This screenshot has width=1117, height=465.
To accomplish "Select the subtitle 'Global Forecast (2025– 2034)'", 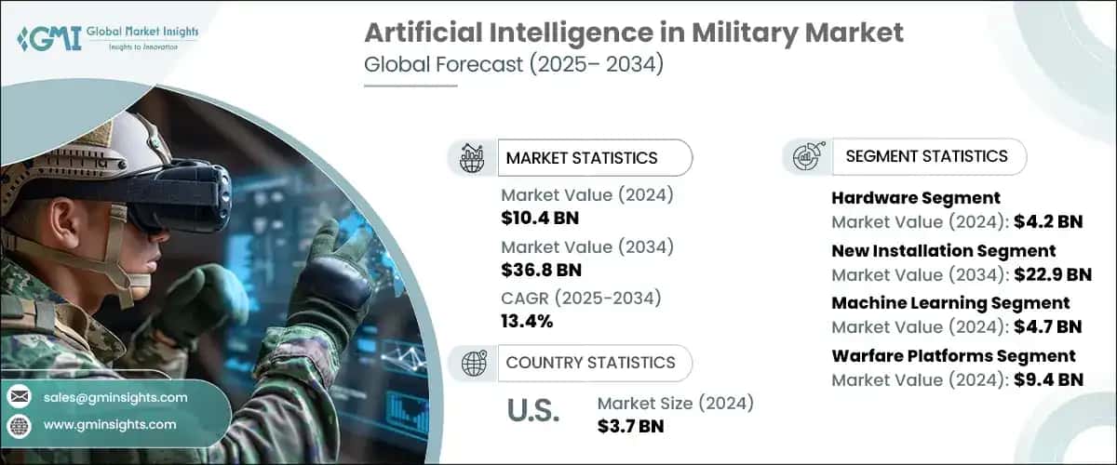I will pos(513,67).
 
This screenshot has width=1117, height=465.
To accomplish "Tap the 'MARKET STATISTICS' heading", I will pos(581,158).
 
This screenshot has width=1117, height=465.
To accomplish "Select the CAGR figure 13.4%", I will pos(527,322).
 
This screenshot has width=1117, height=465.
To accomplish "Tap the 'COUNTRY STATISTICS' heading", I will pos(590,363).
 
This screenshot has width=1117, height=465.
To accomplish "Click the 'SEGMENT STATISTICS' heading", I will pos(925,156).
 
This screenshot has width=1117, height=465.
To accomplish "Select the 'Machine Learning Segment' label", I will pos(950,303).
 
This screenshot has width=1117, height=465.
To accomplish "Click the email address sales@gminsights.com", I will pos(115,397).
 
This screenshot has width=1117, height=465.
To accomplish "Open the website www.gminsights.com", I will pos(110,424).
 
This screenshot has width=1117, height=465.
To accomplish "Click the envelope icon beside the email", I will pos(20,398).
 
